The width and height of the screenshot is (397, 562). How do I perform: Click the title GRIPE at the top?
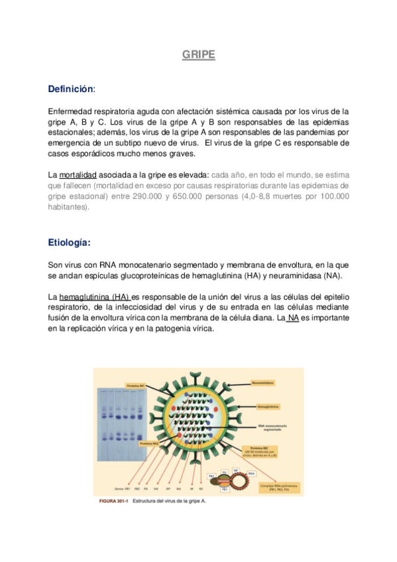click(199, 56)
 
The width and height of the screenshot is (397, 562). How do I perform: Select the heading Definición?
click(70, 89)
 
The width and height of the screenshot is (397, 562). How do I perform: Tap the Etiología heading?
click(70, 243)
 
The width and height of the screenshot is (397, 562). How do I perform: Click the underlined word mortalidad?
click(78, 175)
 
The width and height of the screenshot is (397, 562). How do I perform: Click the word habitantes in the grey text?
click(68, 207)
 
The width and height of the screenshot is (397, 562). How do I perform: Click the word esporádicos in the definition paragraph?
click(86, 154)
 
